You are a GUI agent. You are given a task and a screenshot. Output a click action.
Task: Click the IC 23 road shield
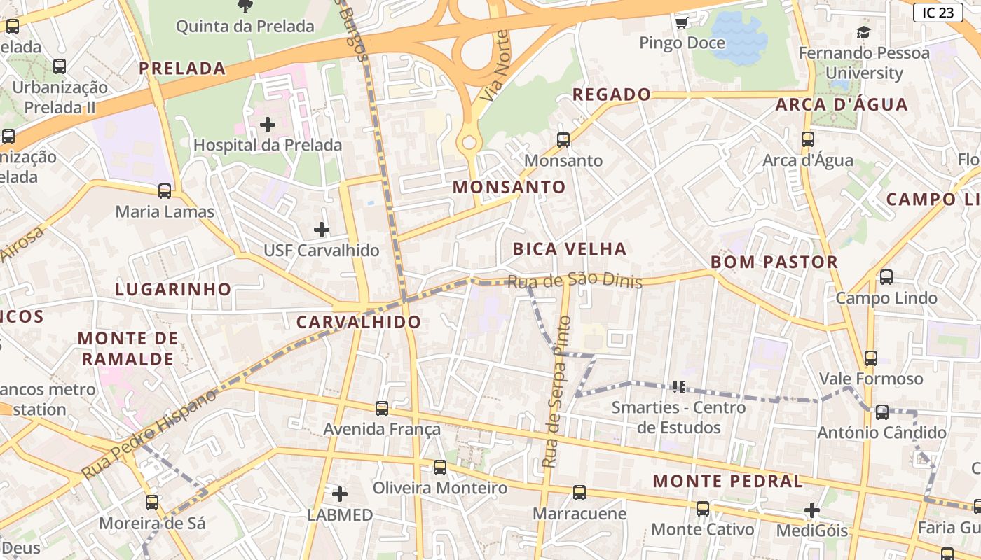[x=938, y=12]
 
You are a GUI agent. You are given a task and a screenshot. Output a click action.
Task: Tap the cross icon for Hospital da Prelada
[x=267, y=125]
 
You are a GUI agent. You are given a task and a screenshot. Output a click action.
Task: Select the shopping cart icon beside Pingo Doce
[x=681, y=23]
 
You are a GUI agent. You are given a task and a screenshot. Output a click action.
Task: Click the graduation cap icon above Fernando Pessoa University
[x=863, y=32]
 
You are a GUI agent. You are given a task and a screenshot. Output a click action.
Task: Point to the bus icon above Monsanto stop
[x=563, y=139]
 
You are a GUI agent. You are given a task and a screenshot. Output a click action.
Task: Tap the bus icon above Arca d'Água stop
[x=808, y=139]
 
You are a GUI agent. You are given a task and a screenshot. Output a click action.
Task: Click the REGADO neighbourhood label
[x=612, y=94]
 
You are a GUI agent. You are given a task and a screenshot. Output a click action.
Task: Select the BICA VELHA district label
[x=569, y=248]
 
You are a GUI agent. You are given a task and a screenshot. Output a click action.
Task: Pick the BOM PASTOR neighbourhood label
[x=774, y=262]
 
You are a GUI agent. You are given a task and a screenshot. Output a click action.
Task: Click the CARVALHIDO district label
[x=358, y=322]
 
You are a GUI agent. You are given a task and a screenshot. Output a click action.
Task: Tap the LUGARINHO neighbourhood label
[x=173, y=289]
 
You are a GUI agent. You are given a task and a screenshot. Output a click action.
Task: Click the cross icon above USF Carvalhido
[x=321, y=229]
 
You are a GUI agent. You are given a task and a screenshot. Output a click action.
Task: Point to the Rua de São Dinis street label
[x=574, y=281]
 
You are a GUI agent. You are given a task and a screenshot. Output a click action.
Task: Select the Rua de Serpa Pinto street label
[x=557, y=392]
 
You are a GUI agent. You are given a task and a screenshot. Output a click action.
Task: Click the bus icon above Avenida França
[x=382, y=408]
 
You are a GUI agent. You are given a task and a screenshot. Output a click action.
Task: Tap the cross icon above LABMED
[x=340, y=494]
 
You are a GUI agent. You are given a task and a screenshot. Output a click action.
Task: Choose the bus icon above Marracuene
[x=579, y=492]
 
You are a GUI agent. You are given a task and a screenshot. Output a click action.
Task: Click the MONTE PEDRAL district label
[x=727, y=481]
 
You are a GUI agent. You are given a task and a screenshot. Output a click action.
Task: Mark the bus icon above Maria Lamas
[x=165, y=190]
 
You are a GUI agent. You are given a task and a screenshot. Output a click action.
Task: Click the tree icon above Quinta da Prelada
[x=245, y=6]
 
